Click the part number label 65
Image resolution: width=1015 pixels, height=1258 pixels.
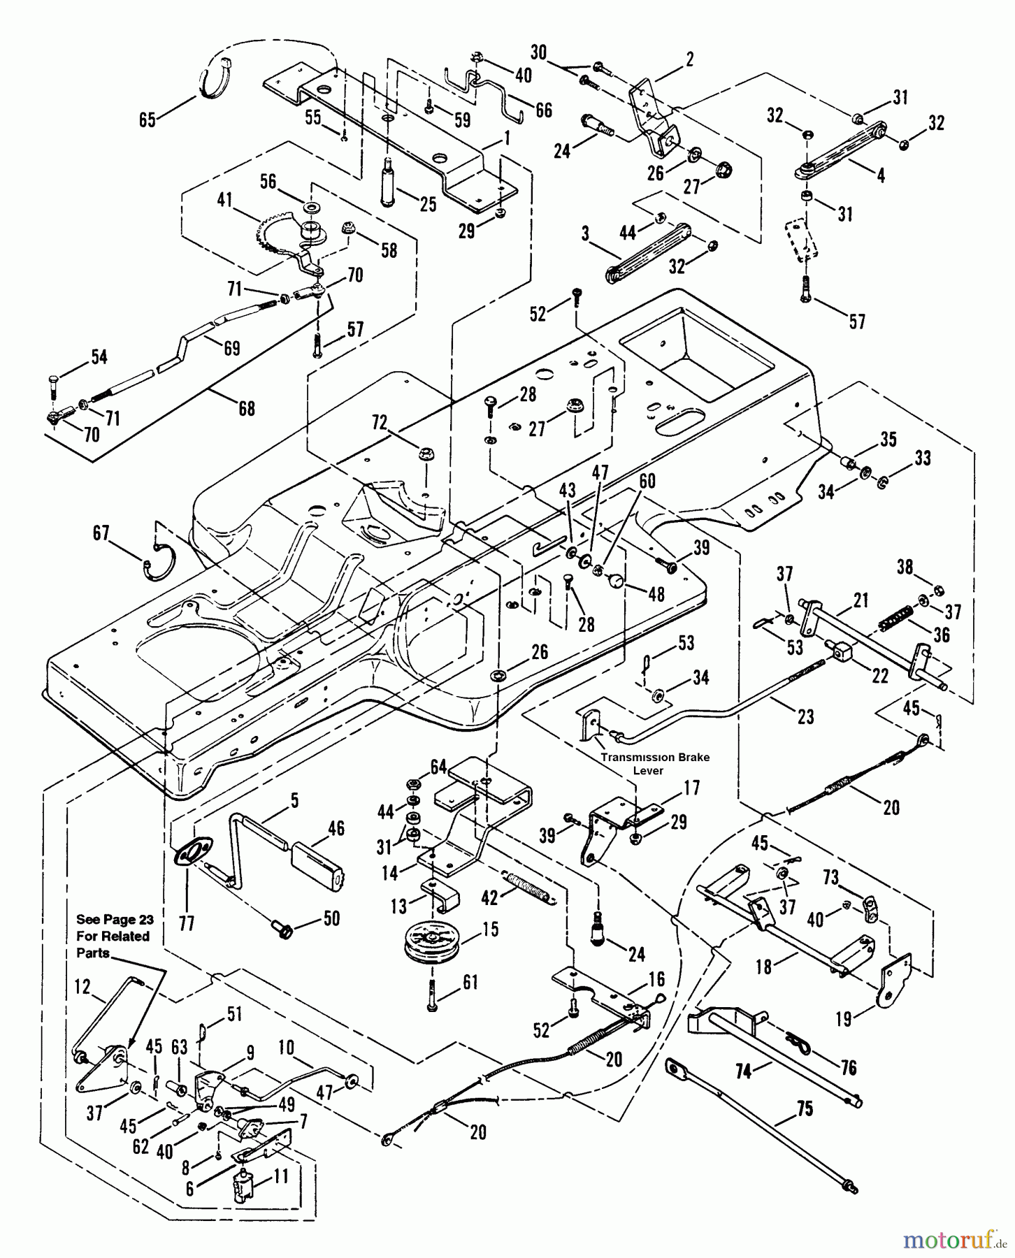[x=147, y=120]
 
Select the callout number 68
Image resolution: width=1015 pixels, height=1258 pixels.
[x=247, y=407]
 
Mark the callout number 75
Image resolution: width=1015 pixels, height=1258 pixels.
[x=805, y=1110]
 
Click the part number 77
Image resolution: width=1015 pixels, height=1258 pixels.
[x=187, y=925]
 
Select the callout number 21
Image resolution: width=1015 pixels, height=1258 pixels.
[x=861, y=600]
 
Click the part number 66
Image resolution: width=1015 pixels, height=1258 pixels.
[x=543, y=110]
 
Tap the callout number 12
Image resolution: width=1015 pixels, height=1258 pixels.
[x=83, y=986]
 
